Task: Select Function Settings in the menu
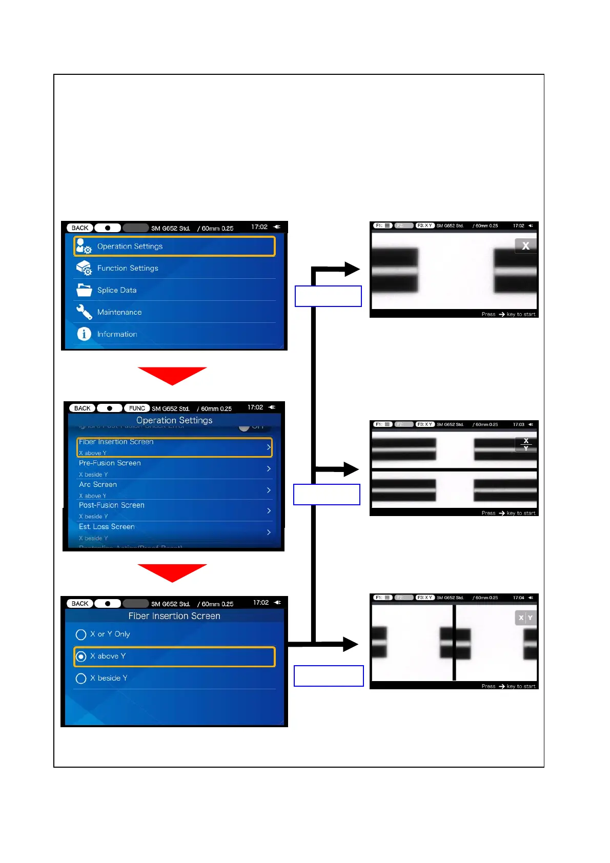(x=128, y=268)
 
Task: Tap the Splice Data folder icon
(x=84, y=290)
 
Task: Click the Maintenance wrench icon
(x=84, y=312)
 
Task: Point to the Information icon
(x=84, y=334)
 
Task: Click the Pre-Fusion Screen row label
(x=110, y=463)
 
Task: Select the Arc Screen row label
(x=98, y=485)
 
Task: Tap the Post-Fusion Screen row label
(x=112, y=505)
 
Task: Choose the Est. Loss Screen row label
(x=107, y=527)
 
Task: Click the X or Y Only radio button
(x=81, y=635)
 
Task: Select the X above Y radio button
(x=81, y=656)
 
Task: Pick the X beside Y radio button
(x=81, y=679)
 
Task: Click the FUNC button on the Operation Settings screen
(x=137, y=408)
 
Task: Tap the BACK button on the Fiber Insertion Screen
(x=80, y=604)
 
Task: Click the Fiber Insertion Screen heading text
(x=174, y=616)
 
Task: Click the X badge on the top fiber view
(x=525, y=246)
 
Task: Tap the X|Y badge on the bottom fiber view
(x=525, y=618)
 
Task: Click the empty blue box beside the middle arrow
(x=327, y=495)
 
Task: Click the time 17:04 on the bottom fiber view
(x=518, y=598)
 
